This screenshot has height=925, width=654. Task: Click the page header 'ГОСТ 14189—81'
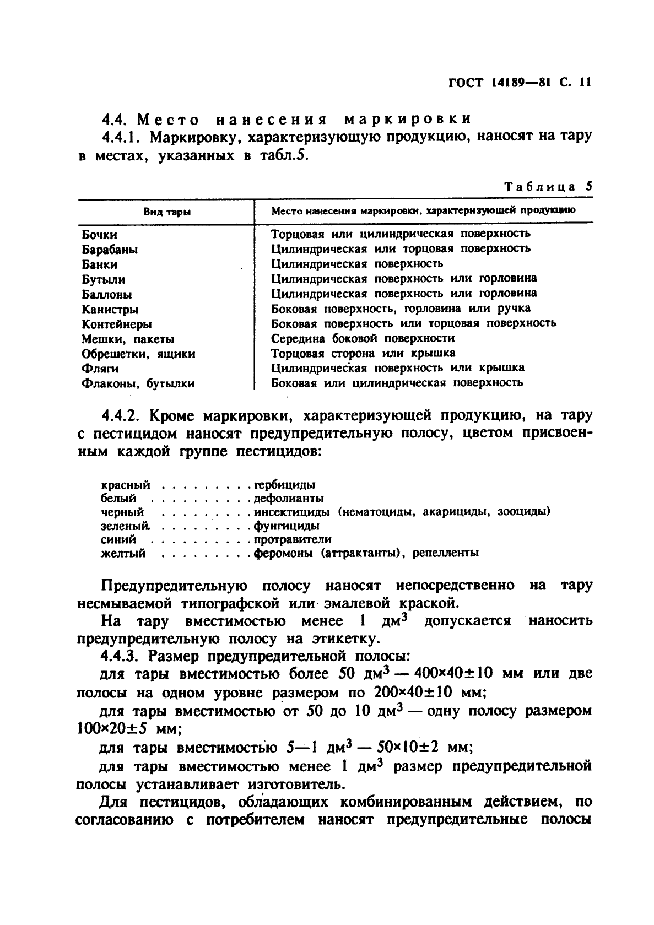point(500,83)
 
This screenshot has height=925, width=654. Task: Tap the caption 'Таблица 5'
point(548,186)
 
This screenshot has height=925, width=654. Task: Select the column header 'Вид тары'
point(167,212)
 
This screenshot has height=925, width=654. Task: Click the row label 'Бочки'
point(99,235)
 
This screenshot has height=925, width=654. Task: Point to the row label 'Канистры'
point(110,309)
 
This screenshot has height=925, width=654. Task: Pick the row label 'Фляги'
point(100,368)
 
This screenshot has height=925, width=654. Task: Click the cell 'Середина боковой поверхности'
point(363,338)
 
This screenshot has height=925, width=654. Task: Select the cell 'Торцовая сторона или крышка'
point(363,353)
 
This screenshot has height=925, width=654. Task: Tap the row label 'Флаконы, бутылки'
point(138,383)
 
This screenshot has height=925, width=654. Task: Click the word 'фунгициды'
point(286,526)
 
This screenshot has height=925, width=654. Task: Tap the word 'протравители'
point(292,540)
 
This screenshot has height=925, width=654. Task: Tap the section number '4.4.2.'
point(122,415)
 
